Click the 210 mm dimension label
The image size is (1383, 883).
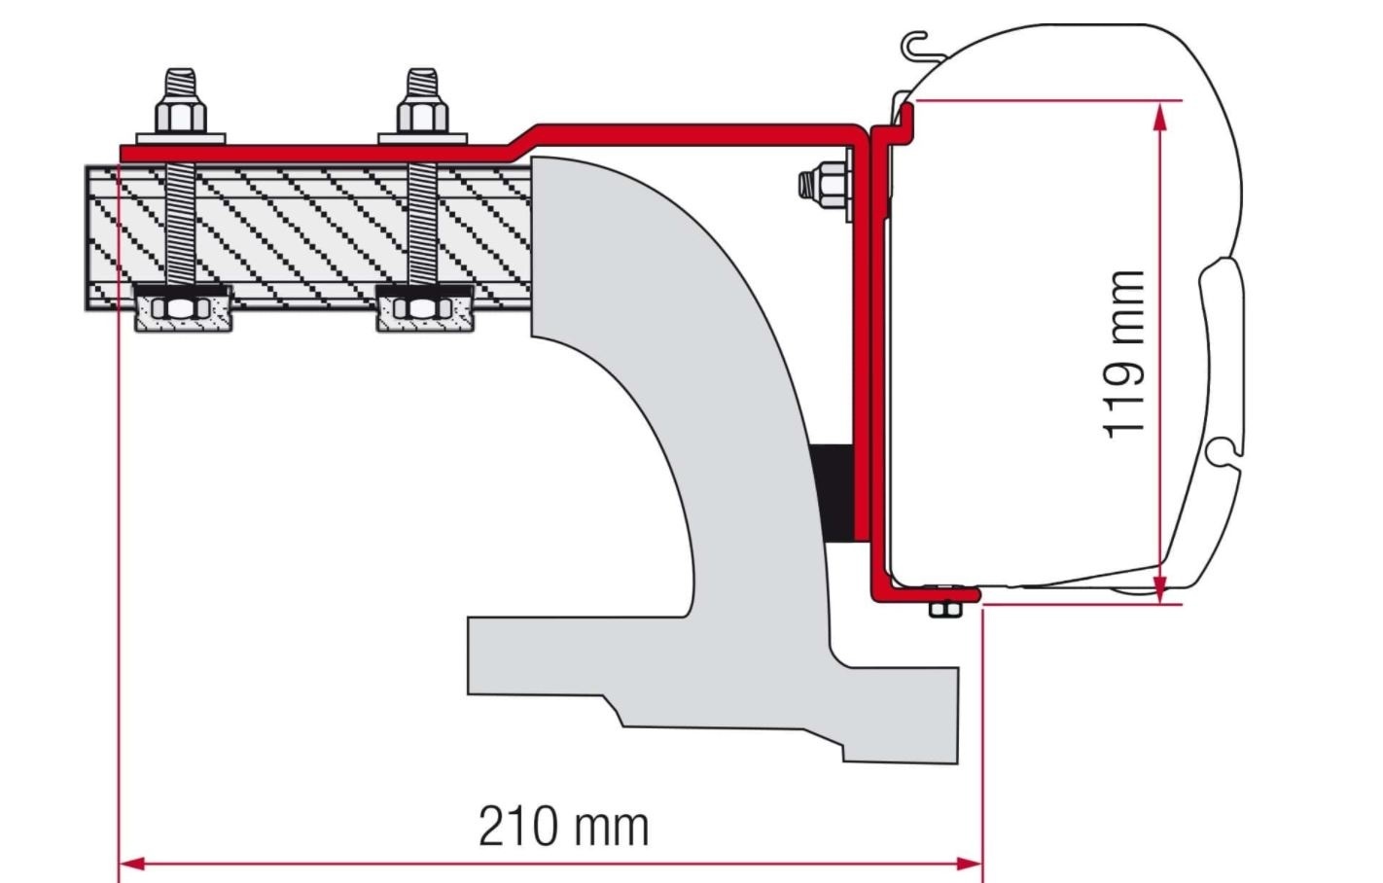[x=563, y=827]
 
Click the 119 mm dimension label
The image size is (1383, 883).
[x=1125, y=355]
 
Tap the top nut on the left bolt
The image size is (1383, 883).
[x=181, y=115]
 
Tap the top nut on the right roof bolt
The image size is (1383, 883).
[x=422, y=116]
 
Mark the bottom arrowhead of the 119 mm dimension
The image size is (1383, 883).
[x=1158, y=588]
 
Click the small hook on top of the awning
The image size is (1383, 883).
[x=914, y=44]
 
